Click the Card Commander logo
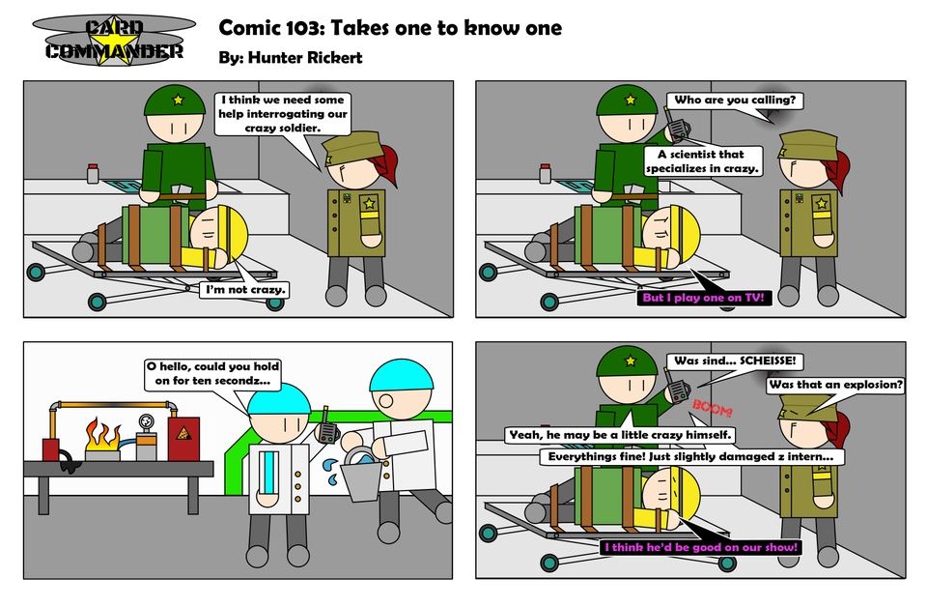[x=114, y=41]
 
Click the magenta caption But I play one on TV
[x=704, y=298]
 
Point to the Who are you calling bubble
[x=735, y=100]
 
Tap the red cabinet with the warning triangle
[x=184, y=439]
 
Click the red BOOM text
[x=713, y=408]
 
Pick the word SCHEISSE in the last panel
[x=768, y=361]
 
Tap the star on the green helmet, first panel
[x=178, y=100]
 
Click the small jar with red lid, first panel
[x=93, y=173]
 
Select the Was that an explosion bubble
[x=836, y=385]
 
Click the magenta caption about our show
[x=701, y=547]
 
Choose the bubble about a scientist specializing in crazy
[x=702, y=160]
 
